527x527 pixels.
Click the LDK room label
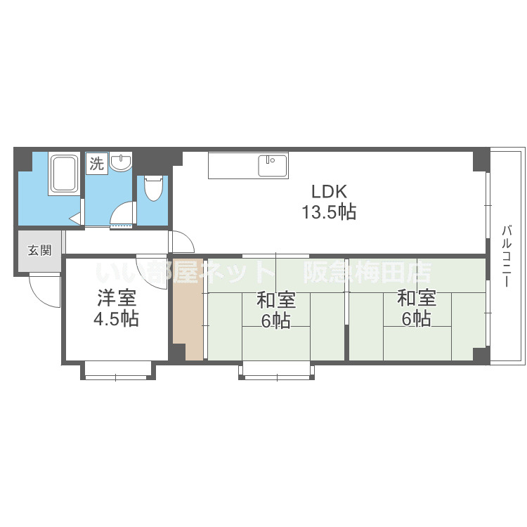click(329, 192)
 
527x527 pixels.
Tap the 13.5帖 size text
click(329, 212)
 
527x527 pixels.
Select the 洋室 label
click(117, 298)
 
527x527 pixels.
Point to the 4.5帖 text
click(116, 318)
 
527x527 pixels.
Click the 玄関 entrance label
click(39, 250)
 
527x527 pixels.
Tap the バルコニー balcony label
click(507, 256)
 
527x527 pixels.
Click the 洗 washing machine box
click(97, 164)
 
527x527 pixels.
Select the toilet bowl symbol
click(153, 188)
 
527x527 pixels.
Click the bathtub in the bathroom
click(64, 174)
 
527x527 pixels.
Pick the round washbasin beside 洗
click(121, 162)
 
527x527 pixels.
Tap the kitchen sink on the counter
click(273, 166)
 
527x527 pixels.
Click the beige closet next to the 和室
click(188, 309)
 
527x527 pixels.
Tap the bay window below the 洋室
click(118, 371)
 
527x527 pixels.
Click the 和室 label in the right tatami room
click(417, 298)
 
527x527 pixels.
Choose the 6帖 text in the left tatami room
click(276, 320)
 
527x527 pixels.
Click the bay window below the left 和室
click(276, 371)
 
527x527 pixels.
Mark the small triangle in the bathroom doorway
click(74, 219)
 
